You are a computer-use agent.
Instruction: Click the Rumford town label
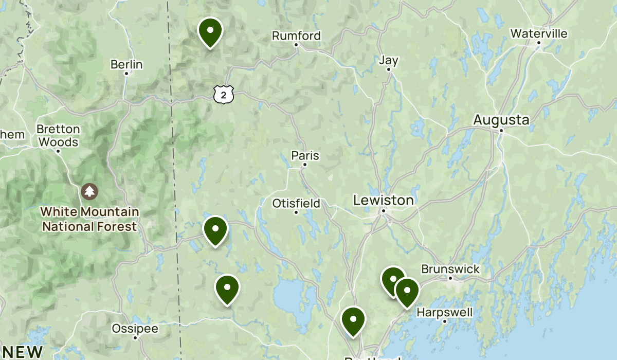(x=296, y=36)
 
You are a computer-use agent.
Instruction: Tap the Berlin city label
(x=126, y=65)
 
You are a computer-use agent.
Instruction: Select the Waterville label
(x=539, y=34)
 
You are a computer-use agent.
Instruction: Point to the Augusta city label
(x=501, y=120)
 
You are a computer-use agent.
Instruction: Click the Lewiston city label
(x=384, y=200)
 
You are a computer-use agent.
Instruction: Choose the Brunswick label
(x=450, y=269)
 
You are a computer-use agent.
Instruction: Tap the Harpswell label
(x=444, y=312)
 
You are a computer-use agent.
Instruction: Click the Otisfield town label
(x=296, y=203)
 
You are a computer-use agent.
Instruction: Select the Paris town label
(x=305, y=155)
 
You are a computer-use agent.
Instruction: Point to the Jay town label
(x=389, y=60)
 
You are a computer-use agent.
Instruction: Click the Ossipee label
(x=136, y=329)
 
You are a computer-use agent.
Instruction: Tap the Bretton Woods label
(x=59, y=136)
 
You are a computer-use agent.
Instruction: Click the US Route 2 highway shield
(x=224, y=94)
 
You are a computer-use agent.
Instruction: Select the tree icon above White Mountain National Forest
(x=90, y=192)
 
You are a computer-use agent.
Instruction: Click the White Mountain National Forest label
(x=90, y=219)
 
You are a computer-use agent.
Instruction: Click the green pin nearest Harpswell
(x=407, y=291)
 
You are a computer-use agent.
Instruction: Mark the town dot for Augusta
(x=501, y=130)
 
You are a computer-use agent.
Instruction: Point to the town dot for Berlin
(x=126, y=74)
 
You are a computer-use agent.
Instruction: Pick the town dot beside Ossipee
(x=135, y=338)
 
